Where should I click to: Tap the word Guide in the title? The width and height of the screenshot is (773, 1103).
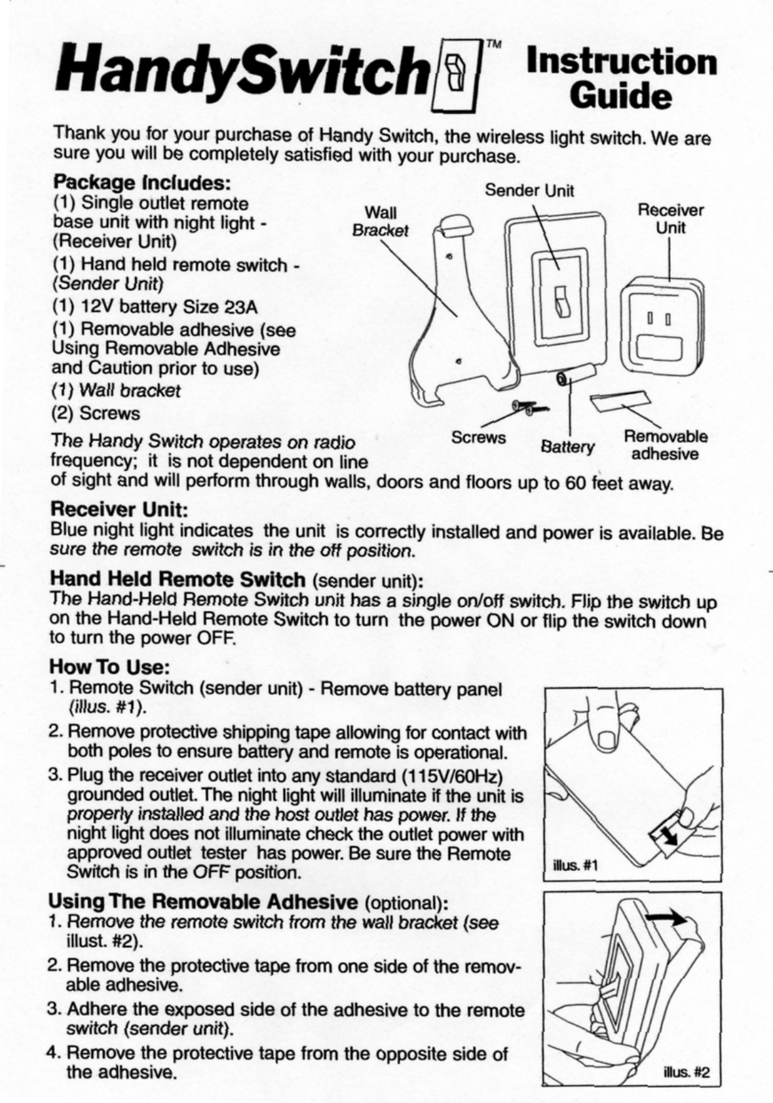click(x=620, y=96)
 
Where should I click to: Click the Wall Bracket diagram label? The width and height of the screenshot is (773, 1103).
click(x=380, y=221)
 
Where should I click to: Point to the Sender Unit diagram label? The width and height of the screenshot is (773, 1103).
click(x=529, y=191)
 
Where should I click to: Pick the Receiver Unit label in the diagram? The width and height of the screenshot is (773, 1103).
click(x=671, y=219)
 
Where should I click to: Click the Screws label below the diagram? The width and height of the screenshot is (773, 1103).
click(x=478, y=437)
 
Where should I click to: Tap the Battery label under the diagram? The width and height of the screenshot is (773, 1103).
click(x=567, y=447)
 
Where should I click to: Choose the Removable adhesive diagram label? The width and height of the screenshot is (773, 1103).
click(x=665, y=445)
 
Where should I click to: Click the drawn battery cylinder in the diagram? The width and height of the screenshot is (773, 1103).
click(x=575, y=378)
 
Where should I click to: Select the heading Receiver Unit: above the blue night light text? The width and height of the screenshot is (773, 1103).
click(x=120, y=508)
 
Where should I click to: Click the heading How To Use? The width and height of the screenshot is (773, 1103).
click(x=110, y=667)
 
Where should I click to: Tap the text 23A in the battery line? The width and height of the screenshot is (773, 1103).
click(x=241, y=307)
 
